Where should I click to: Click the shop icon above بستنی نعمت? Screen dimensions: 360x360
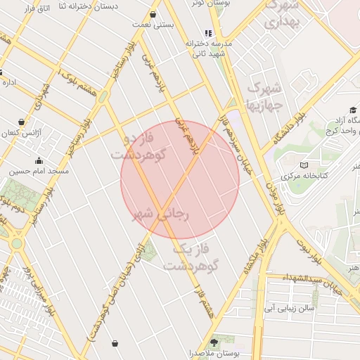pos(153,14)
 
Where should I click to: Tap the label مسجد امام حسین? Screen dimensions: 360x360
pos(39,171)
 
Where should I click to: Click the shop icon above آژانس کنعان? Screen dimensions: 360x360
pos(22,122)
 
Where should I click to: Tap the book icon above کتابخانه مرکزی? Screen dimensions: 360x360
pos(304,165)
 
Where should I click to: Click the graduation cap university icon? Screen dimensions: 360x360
pos(352,110)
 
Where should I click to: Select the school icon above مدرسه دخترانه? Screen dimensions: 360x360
pos(207,33)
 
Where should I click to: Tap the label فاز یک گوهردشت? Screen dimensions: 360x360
pos(192,257)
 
